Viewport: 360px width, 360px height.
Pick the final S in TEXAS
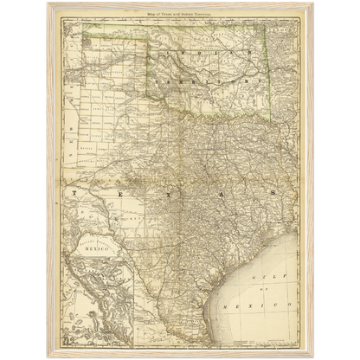273,192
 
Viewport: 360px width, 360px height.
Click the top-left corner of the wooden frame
46,2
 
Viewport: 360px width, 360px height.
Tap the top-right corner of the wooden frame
314,2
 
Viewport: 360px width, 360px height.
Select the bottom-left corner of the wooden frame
46,357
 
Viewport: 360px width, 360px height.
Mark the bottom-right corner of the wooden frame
314,357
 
